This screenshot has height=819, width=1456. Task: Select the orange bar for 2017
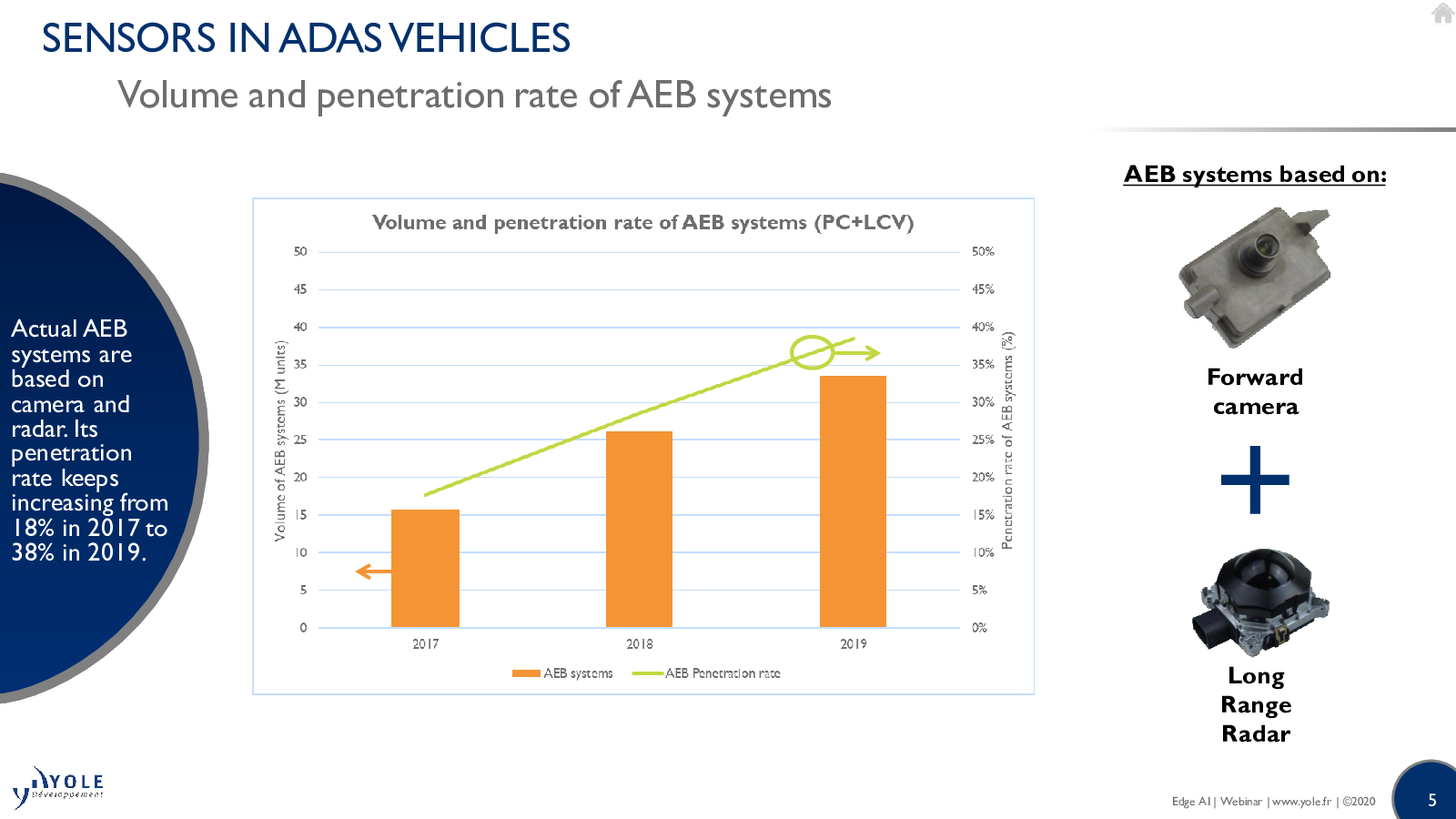(x=425, y=568)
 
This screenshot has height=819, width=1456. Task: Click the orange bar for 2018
(x=639, y=529)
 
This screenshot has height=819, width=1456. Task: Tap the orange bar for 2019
(x=853, y=501)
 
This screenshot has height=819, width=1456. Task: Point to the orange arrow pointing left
(x=374, y=571)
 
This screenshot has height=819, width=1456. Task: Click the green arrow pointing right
(x=856, y=354)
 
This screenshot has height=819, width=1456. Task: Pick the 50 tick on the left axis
(x=299, y=251)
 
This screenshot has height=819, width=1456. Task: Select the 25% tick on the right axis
(x=983, y=440)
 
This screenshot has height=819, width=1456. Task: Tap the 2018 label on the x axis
(x=640, y=644)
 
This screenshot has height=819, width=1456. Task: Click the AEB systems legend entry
(x=562, y=673)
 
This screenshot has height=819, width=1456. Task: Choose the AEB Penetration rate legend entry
(x=706, y=673)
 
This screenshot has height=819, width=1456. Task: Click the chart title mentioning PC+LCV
(x=642, y=223)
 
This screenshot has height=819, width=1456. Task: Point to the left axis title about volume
(x=280, y=440)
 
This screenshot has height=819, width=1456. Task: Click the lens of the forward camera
(x=1264, y=247)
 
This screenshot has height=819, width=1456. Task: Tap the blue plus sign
(x=1255, y=480)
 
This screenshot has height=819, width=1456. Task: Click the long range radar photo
(x=1260, y=602)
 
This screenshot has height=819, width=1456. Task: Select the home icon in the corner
(x=1443, y=13)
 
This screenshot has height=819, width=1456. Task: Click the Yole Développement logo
(x=58, y=786)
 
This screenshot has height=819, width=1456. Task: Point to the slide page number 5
(x=1432, y=800)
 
